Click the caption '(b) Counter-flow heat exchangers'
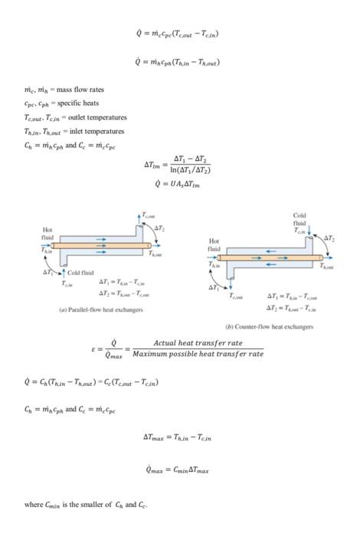pyautogui.click(x=269, y=326)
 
